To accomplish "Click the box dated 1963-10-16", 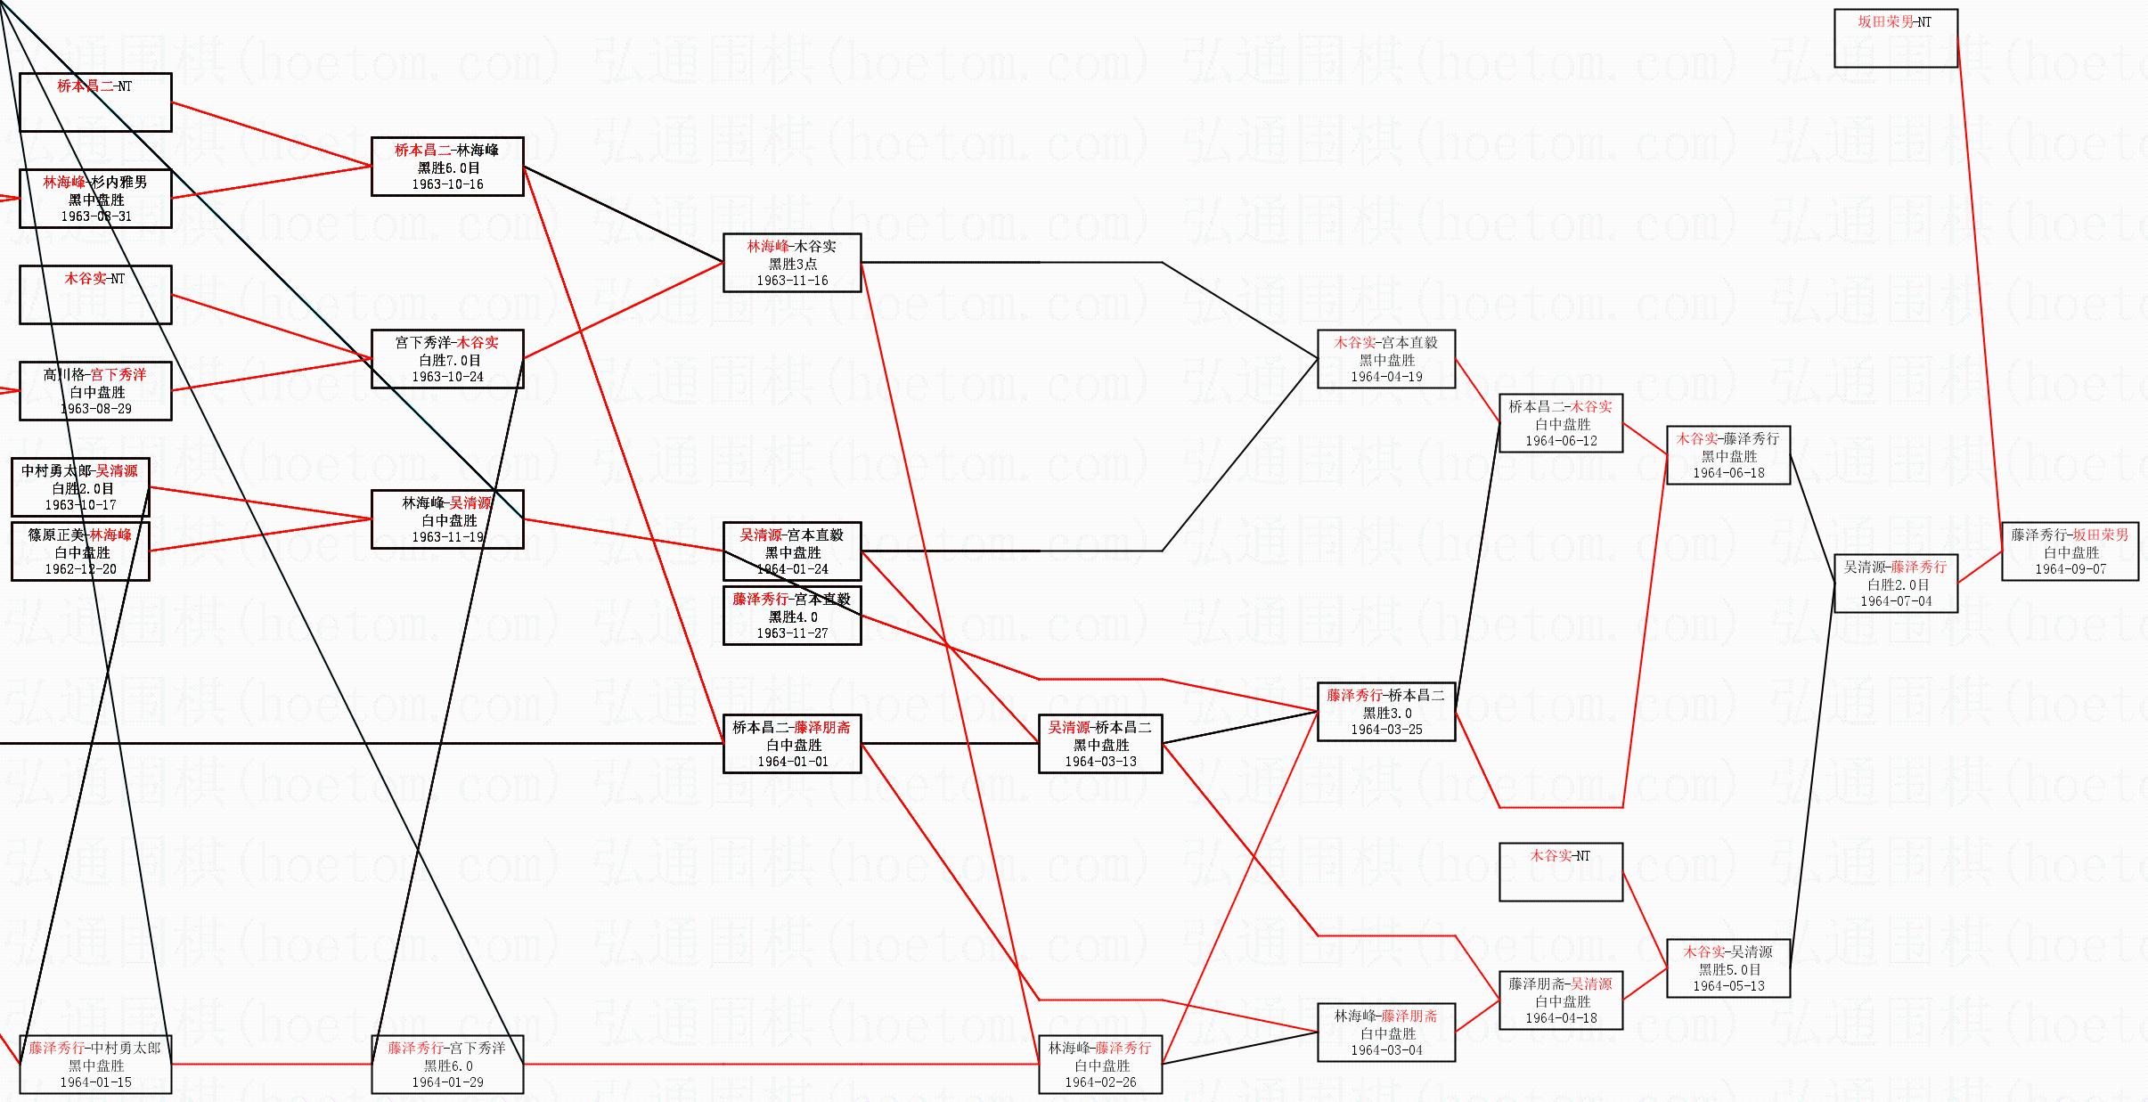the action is (x=447, y=167).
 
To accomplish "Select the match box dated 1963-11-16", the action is (x=792, y=263).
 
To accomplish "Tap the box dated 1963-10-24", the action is (x=447, y=359).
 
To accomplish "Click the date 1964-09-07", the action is (x=2070, y=569).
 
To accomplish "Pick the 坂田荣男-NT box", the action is (x=1895, y=38).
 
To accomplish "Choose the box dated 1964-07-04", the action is (x=1895, y=584).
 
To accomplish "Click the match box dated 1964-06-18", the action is (x=1727, y=455).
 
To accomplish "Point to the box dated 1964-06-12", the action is (x=1560, y=423).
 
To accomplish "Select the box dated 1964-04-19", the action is (x=1385, y=359).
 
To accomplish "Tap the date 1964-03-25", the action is (x=1386, y=730).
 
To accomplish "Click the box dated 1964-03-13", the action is (x=1100, y=744).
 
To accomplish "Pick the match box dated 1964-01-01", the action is (x=792, y=744).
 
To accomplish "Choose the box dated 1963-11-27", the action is (x=792, y=616).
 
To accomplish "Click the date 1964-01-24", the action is (x=792, y=569).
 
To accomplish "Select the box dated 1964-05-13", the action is (x=1727, y=968).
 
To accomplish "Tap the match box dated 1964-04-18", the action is (x=1560, y=1000).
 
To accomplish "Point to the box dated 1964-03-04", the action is (x=1385, y=1033).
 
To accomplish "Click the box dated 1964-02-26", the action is (x=1100, y=1065).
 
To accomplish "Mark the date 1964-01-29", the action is (x=447, y=1082).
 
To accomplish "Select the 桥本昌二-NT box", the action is (x=95, y=102).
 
